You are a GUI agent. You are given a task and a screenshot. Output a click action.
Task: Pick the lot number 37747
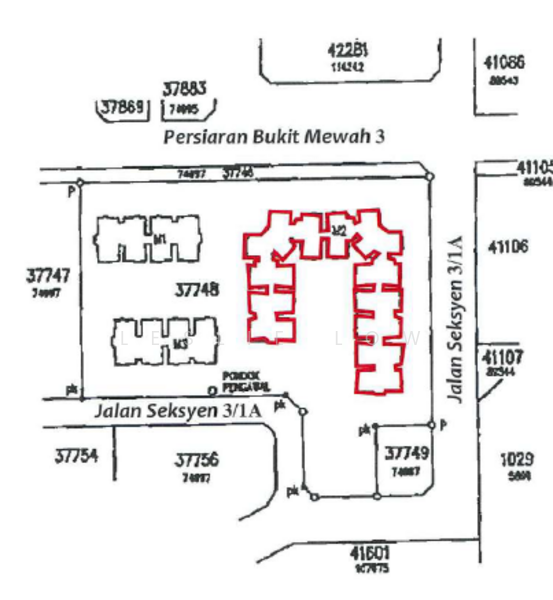(47, 275)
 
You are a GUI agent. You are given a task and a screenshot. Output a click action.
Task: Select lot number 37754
(76, 456)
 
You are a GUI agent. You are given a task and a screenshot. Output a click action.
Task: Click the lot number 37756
(196, 461)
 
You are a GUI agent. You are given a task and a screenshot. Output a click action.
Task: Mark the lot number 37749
(406, 453)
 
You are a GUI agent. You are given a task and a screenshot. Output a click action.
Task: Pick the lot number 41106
(508, 247)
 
